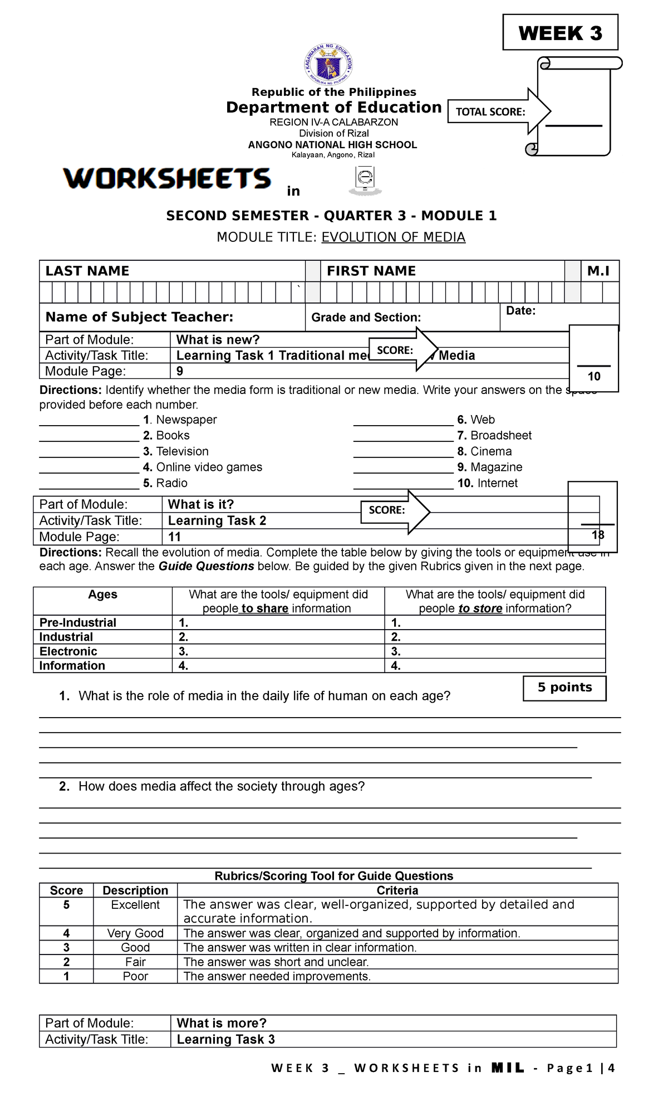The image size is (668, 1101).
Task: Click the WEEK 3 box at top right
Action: click(x=560, y=33)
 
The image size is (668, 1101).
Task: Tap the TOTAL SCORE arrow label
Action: click(x=490, y=112)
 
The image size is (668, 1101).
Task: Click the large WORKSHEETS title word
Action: click(x=167, y=179)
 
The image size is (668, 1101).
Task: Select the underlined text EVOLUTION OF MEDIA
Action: click(x=393, y=237)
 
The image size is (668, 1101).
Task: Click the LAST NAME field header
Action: click(x=87, y=271)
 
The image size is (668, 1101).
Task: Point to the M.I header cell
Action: click(x=598, y=271)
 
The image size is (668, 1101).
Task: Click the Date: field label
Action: click(x=520, y=311)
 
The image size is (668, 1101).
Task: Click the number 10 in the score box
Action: click(x=594, y=377)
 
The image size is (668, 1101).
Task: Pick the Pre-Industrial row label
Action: click(x=78, y=623)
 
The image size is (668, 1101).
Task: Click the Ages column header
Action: click(x=103, y=595)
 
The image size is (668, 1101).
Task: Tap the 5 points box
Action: click(x=564, y=688)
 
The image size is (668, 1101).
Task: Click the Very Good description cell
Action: click(x=135, y=933)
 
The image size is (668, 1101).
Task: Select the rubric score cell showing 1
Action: click(x=66, y=977)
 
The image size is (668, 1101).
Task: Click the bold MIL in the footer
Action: click(x=508, y=1068)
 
